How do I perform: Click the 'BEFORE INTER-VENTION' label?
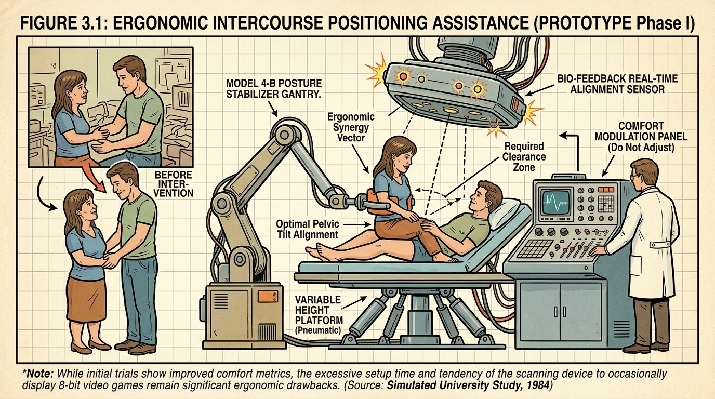174,184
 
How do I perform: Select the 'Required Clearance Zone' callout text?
524,157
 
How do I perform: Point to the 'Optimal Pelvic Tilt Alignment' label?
307,229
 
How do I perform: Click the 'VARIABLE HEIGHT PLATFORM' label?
318,310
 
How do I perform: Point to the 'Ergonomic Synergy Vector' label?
350,127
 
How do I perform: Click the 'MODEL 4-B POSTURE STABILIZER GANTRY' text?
273,88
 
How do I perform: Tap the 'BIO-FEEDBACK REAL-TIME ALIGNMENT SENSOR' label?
617,84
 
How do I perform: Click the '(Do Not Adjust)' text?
641,148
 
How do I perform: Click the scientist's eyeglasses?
633,177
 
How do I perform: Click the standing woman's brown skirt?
86,299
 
